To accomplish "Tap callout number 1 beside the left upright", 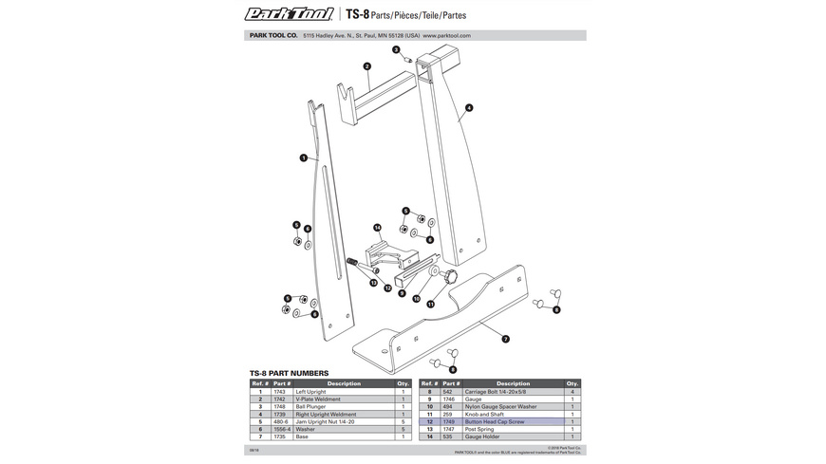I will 303,158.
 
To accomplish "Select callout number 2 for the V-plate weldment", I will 366,66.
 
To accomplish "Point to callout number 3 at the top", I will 397,49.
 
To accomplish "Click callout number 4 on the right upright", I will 469,108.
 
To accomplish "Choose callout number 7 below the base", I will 505,339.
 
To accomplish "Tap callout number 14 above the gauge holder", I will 377,228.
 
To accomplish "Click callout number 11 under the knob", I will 430,305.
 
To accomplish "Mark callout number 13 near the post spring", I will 374,283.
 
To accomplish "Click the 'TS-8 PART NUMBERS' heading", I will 289,373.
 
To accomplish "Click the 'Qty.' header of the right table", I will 573,383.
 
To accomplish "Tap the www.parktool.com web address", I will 441,35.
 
